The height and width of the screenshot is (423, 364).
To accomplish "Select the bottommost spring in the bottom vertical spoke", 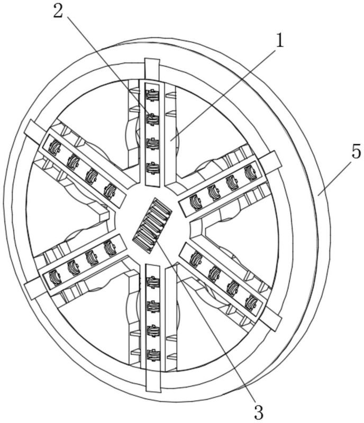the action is click(152, 355).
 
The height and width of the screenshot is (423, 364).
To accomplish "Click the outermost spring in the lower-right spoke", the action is click(251, 303).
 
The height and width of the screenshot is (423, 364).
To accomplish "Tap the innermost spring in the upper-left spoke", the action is click(110, 190).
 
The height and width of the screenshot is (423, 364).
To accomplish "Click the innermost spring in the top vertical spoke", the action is click(152, 167).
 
